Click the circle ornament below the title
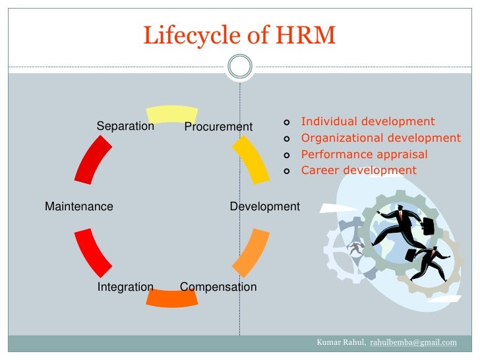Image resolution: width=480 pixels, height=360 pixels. [x=239, y=67]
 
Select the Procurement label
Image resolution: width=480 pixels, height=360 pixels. [x=218, y=127]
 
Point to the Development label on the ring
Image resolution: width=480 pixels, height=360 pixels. [x=264, y=206]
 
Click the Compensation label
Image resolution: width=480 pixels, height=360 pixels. [x=218, y=287]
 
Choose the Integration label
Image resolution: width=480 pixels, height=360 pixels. [x=125, y=287]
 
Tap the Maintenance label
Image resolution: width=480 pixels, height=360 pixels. [x=79, y=206]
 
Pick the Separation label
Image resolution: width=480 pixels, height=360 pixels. [x=125, y=126]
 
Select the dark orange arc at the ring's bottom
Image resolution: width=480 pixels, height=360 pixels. [x=171, y=298]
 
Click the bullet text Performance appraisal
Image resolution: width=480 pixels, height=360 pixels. [x=364, y=154]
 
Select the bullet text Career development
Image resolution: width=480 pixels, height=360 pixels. [x=359, y=170]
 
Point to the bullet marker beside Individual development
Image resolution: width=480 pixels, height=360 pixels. [x=286, y=122]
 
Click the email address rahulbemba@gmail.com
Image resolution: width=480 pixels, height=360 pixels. [x=413, y=342]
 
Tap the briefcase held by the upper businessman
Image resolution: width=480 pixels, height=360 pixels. [x=428, y=225]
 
